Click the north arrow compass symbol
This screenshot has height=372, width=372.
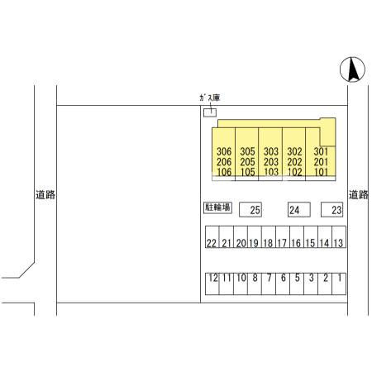(x=352, y=69)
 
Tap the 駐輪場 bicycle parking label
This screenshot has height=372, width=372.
(x=217, y=207)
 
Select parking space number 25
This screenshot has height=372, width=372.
(x=250, y=210)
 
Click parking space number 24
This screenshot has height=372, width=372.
(x=299, y=210)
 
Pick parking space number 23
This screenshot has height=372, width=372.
(x=332, y=210)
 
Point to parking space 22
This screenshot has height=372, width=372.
(x=212, y=237)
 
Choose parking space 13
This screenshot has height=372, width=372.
(x=339, y=237)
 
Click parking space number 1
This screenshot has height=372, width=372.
(x=339, y=284)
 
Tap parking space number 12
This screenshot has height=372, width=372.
(x=212, y=284)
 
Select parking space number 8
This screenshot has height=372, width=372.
(x=255, y=284)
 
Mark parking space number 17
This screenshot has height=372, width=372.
(x=283, y=237)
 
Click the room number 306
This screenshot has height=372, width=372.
(x=224, y=151)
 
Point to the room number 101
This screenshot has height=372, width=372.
(x=321, y=172)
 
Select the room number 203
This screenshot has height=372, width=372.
(x=271, y=162)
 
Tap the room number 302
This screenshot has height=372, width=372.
(x=294, y=151)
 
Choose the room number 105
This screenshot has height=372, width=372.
(x=247, y=172)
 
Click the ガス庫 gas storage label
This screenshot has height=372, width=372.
(x=210, y=98)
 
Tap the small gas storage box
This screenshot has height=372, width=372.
(x=210, y=112)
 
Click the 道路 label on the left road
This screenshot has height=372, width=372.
(x=45, y=195)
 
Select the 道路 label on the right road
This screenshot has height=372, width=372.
(x=359, y=195)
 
